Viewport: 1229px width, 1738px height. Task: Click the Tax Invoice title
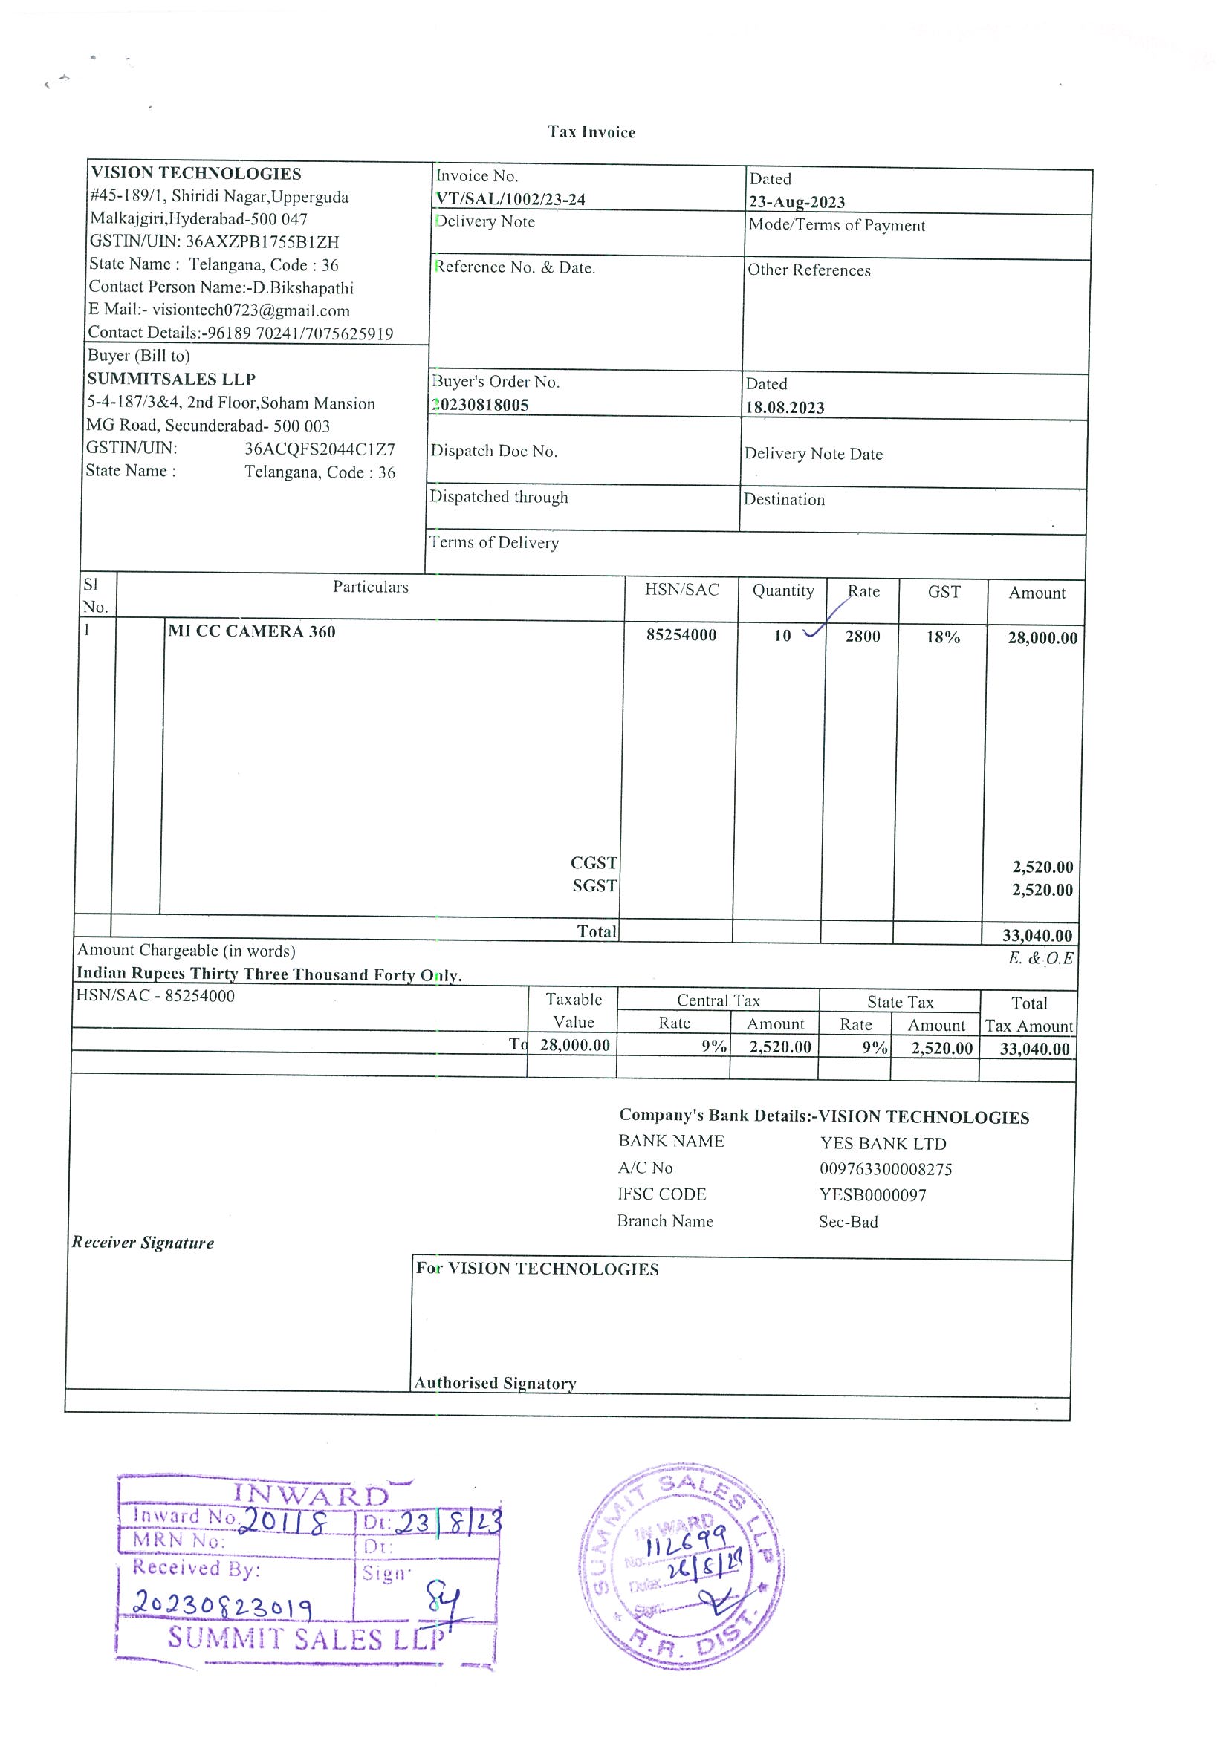click(x=591, y=131)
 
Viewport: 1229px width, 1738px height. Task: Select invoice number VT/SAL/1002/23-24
click(x=510, y=199)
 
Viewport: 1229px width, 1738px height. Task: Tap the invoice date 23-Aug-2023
click(x=797, y=202)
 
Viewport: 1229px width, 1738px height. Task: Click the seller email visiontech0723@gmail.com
click(x=250, y=310)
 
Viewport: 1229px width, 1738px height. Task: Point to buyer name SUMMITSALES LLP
click(x=171, y=380)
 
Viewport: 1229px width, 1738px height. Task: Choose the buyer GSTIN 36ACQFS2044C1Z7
click(x=320, y=449)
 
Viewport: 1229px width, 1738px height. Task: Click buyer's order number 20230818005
click(x=480, y=405)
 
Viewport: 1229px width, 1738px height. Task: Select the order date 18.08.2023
click(x=785, y=407)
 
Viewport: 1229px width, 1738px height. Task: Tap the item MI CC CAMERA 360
click(x=251, y=631)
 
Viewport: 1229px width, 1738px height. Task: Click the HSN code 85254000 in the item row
click(x=681, y=634)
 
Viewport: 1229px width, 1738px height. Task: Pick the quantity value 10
click(x=782, y=636)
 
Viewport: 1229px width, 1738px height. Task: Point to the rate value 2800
click(x=863, y=637)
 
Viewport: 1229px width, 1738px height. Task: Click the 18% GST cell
click(x=943, y=637)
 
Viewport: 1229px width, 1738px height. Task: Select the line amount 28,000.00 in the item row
click(x=1042, y=638)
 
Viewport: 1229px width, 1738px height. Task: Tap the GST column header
click(x=944, y=592)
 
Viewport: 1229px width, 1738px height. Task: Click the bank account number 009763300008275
click(x=885, y=1169)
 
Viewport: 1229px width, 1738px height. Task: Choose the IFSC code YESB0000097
click(x=872, y=1195)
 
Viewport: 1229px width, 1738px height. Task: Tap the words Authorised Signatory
click(x=495, y=1383)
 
